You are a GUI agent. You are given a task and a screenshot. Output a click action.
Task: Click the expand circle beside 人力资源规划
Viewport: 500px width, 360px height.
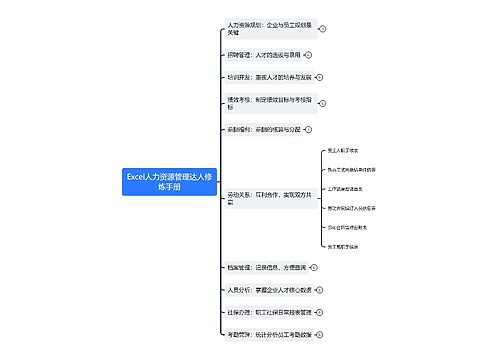323,28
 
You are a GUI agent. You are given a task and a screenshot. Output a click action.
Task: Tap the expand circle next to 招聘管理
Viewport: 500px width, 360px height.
307,55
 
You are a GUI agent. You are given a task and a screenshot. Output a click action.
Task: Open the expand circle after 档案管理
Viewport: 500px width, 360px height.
315,267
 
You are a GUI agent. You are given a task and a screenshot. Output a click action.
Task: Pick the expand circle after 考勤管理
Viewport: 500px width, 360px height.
323,334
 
